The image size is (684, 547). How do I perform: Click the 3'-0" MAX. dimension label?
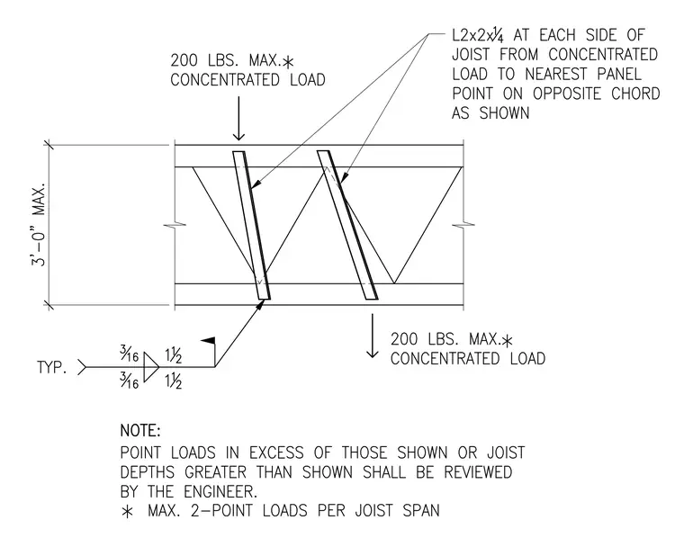(38, 225)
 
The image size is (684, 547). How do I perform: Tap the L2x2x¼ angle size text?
(478, 35)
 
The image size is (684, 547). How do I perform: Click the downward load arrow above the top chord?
(238, 119)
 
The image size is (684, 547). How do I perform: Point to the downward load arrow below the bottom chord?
(372, 336)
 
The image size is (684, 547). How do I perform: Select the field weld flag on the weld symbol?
(208, 341)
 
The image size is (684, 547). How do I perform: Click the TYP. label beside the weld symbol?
(52, 367)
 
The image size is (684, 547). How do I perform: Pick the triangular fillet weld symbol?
(151, 367)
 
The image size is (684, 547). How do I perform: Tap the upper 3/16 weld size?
(129, 354)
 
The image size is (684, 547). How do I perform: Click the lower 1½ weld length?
(173, 381)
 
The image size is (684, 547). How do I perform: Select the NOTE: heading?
(140, 431)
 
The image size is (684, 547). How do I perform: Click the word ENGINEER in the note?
(220, 491)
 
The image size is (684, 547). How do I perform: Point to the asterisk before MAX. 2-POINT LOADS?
(127, 511)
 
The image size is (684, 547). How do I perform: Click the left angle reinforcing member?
(252, 226)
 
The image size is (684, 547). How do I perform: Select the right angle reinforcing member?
(347, 225)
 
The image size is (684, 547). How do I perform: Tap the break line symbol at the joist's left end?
(175, 225)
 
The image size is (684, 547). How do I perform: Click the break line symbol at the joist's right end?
(463, 225)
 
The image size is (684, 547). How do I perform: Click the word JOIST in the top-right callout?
(472, 55)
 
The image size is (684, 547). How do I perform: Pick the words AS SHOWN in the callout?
(490, 113)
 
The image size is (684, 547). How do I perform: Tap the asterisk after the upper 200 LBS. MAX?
(288, 62)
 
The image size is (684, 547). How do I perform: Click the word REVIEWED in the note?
(478, 472)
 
